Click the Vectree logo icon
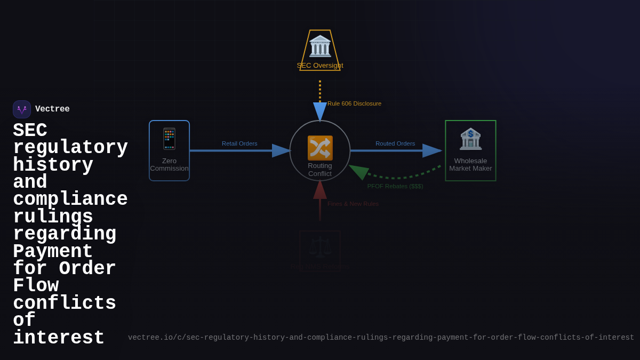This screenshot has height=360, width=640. [22, 109]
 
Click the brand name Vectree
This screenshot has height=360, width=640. [52, 109]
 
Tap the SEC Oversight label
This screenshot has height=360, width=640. [320, 66]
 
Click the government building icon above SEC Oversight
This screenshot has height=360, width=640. [320, 46]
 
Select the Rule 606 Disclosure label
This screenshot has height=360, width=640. [354, 103]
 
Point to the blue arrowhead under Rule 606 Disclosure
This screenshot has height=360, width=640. [320, 111]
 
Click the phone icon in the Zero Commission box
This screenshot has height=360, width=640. [169, 139]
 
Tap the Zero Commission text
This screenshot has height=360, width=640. [169, 164]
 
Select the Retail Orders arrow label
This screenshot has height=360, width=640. [239, 143]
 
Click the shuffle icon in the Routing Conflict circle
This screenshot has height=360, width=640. [320, 148]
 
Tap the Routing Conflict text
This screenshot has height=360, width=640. [320, 170]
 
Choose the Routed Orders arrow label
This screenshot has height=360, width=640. [395, 143]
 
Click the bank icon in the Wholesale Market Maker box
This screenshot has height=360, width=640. [470, 139]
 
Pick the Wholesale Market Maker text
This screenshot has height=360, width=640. [470, 164]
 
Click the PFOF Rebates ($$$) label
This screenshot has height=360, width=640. [395, 186]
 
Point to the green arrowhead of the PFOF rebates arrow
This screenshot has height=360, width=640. [359, 171]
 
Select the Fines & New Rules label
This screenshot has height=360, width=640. [353, 204]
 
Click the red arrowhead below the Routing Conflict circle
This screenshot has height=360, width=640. [320, 190]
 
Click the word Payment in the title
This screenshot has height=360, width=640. [53, 252]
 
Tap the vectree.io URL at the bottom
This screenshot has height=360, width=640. [381, 338]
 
